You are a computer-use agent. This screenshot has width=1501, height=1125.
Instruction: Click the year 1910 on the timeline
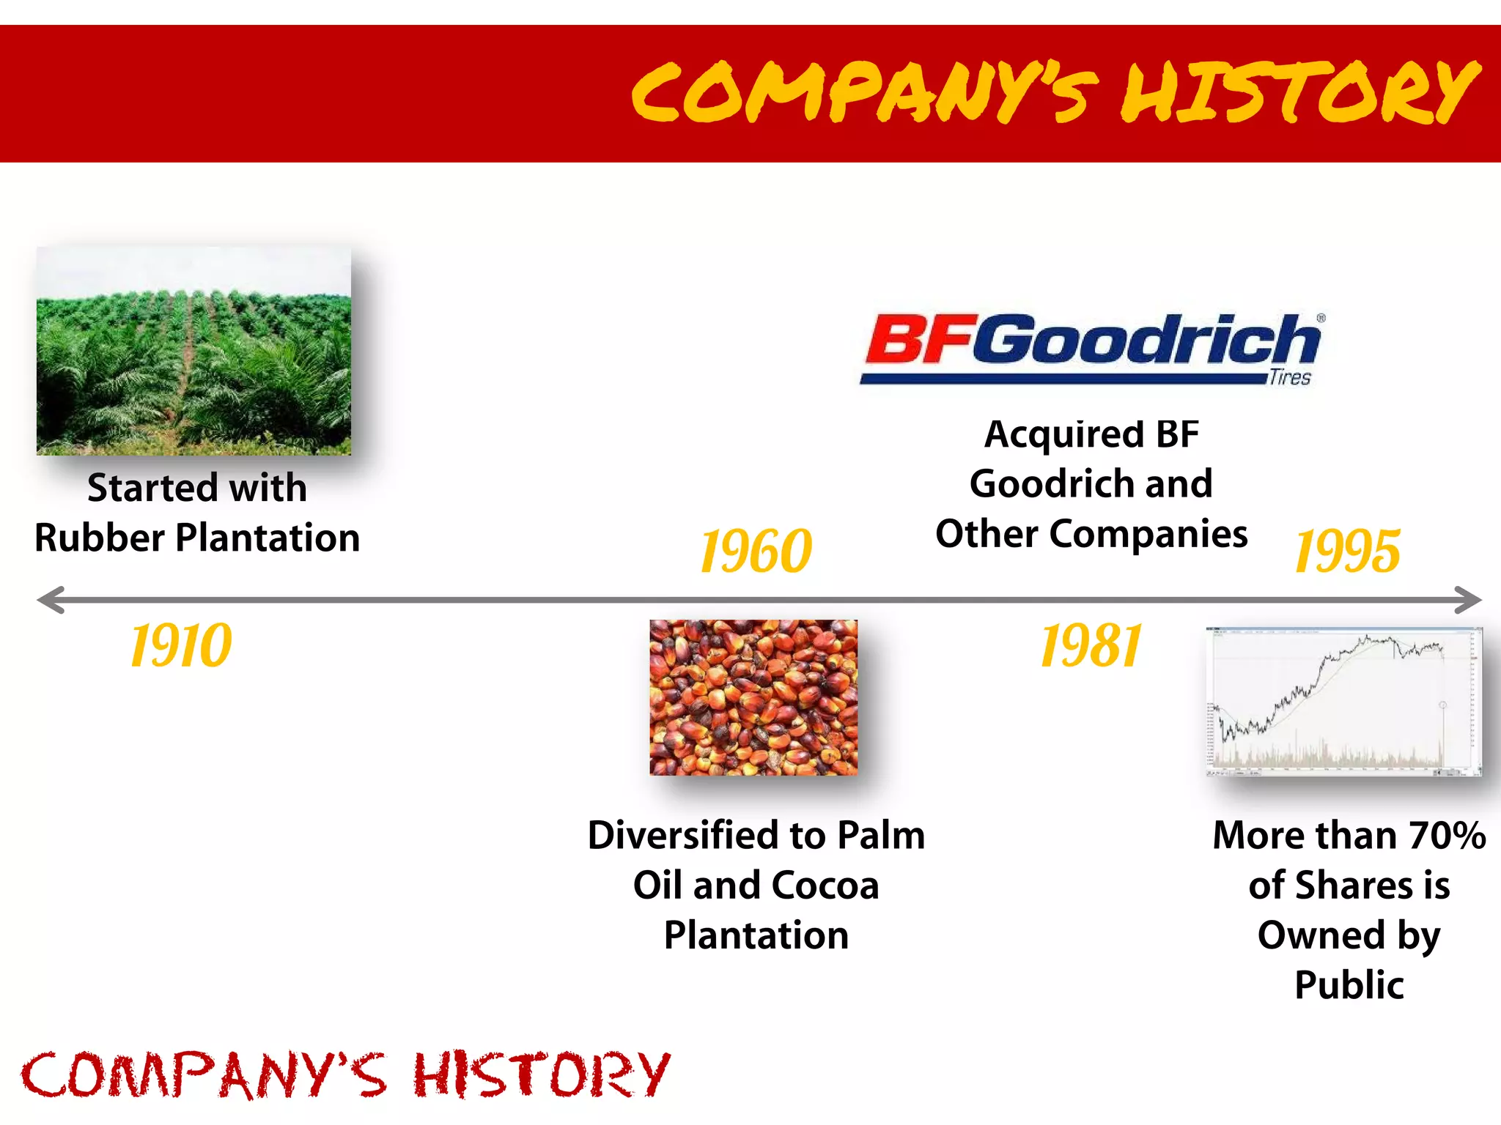(x=180, y=646)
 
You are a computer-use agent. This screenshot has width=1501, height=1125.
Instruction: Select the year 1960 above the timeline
(x=756, y=551)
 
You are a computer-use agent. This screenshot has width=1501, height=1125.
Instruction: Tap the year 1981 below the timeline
(x=1091, y=646)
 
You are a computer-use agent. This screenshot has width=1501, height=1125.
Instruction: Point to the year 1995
(x=1347, y=551)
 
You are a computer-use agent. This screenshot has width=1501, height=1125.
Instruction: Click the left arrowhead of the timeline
(x=50, y=600)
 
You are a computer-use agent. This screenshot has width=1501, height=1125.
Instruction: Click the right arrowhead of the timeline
(x=1468, y=600)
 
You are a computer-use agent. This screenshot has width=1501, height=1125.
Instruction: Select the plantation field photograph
(x=193, y=351)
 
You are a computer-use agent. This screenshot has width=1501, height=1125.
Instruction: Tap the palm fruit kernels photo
(x=753, y=697)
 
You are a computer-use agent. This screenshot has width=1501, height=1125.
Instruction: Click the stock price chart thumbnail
(x=1343, y=701)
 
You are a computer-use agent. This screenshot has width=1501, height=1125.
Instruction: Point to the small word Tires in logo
(x=1290, y=378)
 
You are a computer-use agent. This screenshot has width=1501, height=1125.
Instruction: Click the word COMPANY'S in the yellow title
(x=865, y=93)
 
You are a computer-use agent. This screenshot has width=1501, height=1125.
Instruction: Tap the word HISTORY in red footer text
(x=541, y=1075)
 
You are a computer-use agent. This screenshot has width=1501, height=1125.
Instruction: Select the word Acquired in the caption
(x=1063, y=434)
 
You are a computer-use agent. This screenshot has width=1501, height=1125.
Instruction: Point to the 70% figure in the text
(x=1447, y=836)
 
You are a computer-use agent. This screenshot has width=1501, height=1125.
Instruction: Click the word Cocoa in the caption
(x=825, y=885)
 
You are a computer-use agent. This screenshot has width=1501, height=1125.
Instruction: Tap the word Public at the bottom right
(x=1349, y=985)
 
